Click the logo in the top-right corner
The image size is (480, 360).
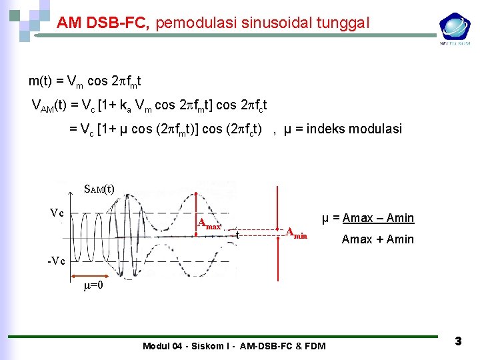click(x=454, y=28)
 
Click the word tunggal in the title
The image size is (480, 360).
click(x=343, y=24)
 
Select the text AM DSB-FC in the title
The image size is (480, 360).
click(x=105, y=24)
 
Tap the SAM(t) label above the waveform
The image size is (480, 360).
click(x=99, y=189)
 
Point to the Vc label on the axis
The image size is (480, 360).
click(x=57, y=213)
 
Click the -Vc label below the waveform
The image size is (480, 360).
click(x=56, y=261)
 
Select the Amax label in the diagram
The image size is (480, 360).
click(x=209, y=223)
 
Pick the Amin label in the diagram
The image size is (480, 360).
click(x=297, y=233)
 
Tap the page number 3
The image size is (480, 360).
click(x=458, y=341)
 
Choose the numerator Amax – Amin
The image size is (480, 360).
click(x=377, y=218)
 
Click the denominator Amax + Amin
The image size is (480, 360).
click(x=377, y=239)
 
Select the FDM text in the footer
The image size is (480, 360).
click(x=315, y=345)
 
